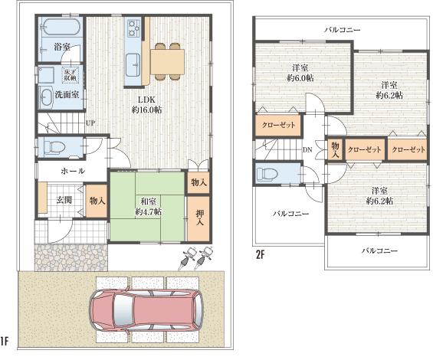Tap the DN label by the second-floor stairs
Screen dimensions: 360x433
pyautogui.click(x=307, y=149)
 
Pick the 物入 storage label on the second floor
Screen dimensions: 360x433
pyautogui.click(x=334, y=149)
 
